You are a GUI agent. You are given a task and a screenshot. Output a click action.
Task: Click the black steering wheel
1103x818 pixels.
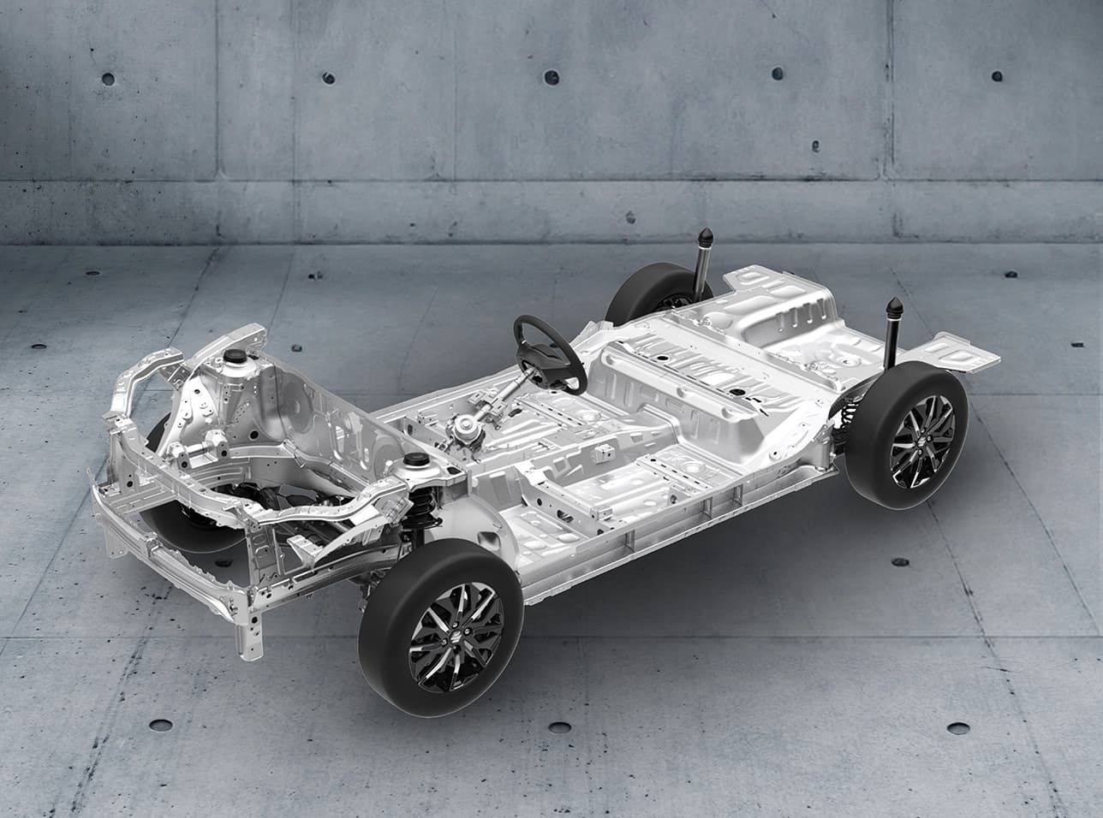[549, 351]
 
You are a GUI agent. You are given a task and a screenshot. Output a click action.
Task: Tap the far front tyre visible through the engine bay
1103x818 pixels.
[171, 513]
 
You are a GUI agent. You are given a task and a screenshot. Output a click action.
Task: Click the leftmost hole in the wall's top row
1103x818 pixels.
[108, 79]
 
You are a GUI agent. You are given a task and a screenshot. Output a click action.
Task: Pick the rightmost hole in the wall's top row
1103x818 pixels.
[997, 75]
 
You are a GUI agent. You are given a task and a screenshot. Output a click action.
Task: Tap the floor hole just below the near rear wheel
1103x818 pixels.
[900, 562]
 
